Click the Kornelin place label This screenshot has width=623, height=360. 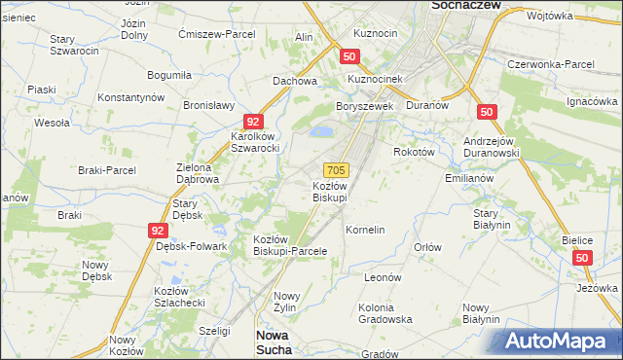(x=366, y=230)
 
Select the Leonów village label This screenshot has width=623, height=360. (x=383, y=277)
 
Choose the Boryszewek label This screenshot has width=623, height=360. (x=363, y=106)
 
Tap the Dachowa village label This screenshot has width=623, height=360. (x=295, y=82)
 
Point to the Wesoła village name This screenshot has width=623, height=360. (x=52, y=124)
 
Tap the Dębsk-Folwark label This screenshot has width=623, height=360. (x=191, y=246)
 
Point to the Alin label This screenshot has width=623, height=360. (x=304, y=37)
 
